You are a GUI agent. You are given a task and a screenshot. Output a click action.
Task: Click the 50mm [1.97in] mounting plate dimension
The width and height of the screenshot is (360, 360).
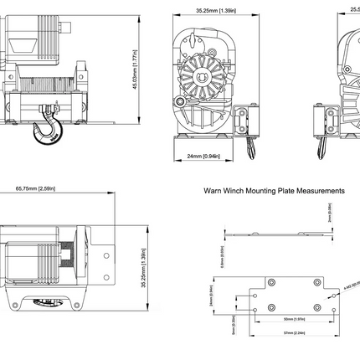coord(293,320)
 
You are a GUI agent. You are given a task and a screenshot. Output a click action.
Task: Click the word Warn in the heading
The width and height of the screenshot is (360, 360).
coord(213,191)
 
